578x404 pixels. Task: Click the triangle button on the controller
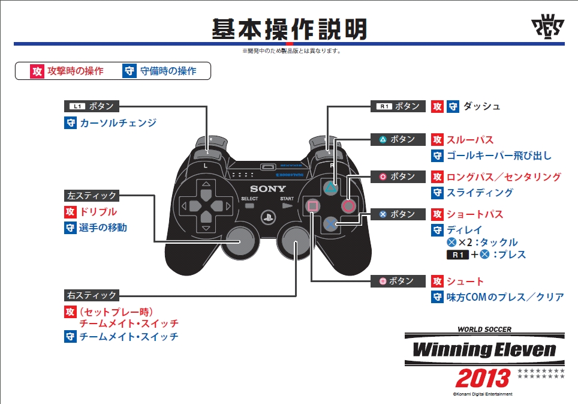pos(330,186)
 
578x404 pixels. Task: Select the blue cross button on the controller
pos(330,224)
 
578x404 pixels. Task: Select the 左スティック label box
pos(92,196)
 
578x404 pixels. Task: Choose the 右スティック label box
pos(92,295)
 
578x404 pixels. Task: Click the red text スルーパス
pos(470,140)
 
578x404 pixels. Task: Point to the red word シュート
pos(465,282)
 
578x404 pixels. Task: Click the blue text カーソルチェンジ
pos(118,123)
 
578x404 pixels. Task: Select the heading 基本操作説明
pos(289,29)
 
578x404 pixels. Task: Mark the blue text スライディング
pos(480,193)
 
